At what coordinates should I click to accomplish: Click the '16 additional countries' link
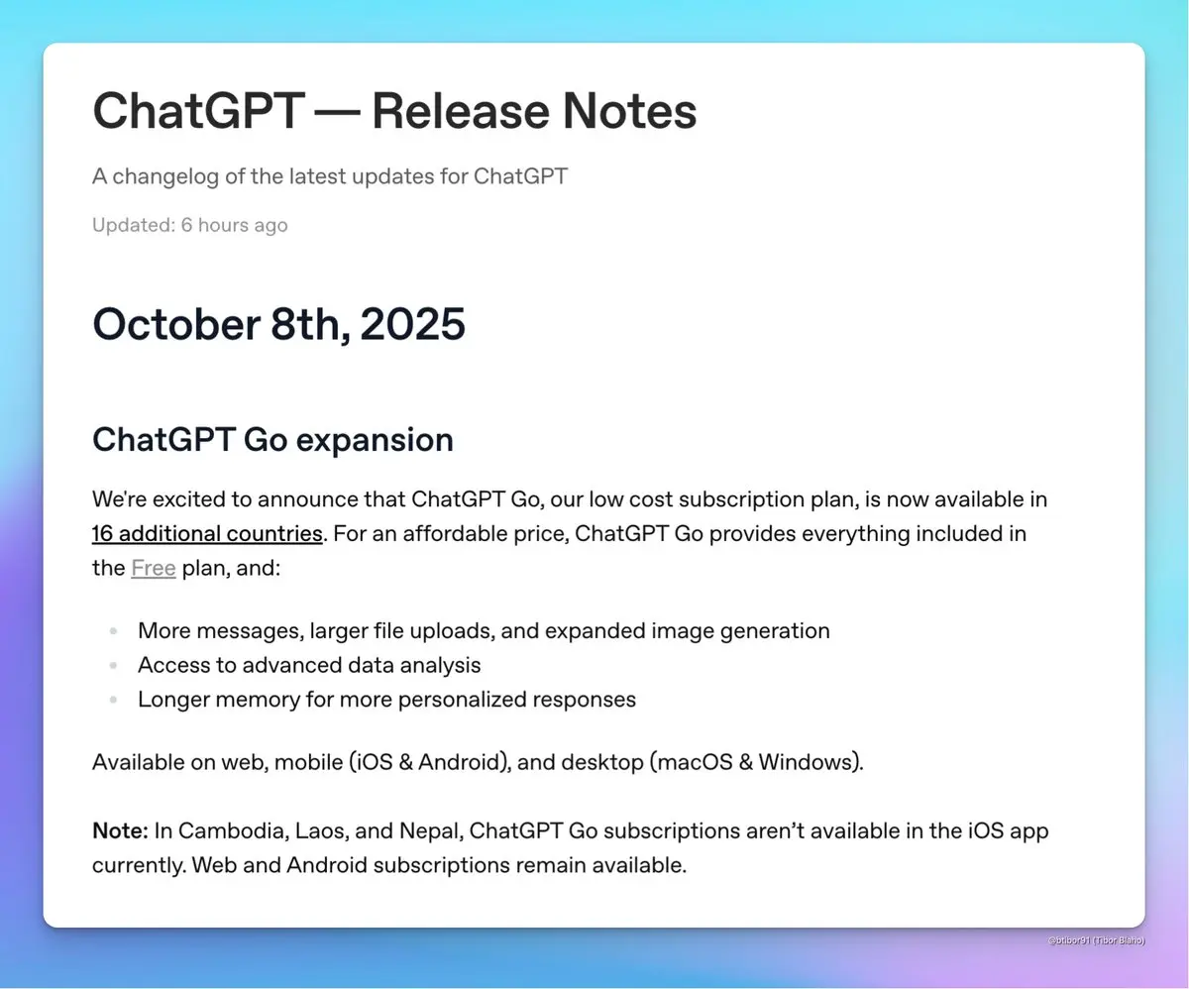[x=207, y=534]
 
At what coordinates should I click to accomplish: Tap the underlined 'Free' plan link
[x=154, y=568]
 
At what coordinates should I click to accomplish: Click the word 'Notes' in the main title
[x=629, y=111]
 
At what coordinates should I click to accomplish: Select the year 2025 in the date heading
[x=413, y=324]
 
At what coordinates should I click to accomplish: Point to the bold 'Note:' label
[x=120, y=830]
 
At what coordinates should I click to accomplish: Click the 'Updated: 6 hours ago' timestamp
[x=190, y=225]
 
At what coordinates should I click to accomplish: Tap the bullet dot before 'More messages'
[x=113, y=630]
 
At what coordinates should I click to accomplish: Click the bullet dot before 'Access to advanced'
[x=113, y=665]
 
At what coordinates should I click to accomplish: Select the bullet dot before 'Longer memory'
[x=113, y=699]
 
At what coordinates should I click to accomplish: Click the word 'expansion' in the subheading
[x=375, y=440]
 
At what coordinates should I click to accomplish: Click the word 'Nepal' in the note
[x=430, y=831]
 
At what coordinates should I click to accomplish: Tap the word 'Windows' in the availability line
[x=807, y=762]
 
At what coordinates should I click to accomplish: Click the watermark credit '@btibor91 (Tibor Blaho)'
[x=1096, y=940]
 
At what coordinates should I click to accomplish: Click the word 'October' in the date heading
[x=176, y=324]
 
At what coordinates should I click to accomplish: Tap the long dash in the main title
[x=338, y=111]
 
